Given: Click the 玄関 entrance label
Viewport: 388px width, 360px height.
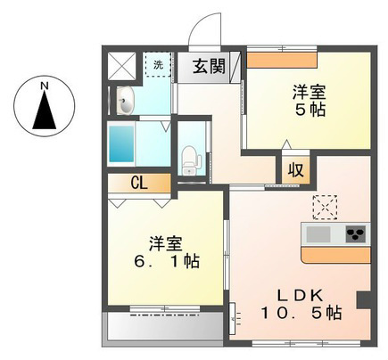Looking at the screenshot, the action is [209, 66].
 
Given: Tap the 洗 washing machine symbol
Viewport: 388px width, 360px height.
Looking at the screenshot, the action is [158, 65].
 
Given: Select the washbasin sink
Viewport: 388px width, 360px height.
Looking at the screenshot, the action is [126, 101].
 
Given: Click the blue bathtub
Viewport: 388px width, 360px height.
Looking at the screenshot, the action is [121, 144].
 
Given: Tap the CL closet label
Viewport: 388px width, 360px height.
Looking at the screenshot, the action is [139, 184].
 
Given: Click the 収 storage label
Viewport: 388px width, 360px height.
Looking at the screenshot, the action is [296, 170].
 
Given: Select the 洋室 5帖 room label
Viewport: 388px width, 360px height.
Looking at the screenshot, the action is [310, 101].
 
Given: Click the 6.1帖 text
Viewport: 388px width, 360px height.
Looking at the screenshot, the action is [167, 261].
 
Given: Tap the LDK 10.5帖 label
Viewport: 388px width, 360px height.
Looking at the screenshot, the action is [301, 304].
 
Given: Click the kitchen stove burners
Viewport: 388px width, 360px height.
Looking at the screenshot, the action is [357, 234].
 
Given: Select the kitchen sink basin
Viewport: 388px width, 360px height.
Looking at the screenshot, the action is [318, 234].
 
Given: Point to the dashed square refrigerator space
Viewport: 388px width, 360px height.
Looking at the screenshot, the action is [325, 208].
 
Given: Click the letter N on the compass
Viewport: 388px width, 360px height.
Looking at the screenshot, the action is [45, 86].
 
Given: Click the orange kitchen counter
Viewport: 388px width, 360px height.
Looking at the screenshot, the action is [336, 255].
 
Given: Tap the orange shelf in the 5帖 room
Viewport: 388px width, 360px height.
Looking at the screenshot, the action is [281, 61].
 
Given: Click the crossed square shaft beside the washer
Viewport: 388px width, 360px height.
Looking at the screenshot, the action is [121, 66].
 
